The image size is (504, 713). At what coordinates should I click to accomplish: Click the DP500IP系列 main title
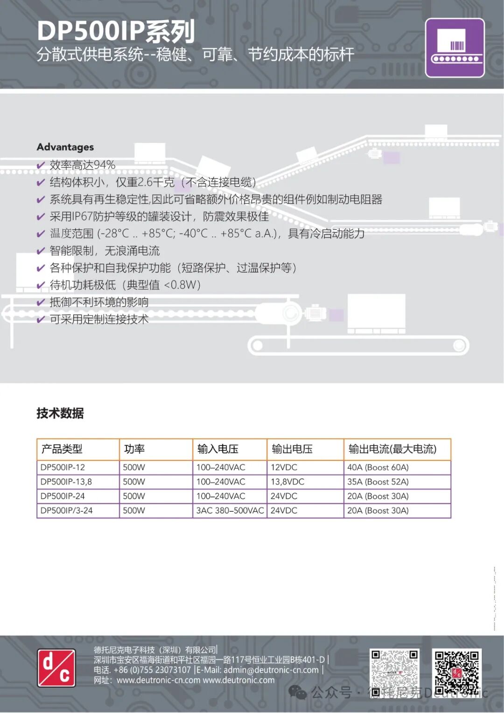point(116,31)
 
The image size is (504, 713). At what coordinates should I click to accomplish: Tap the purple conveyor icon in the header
point(455,48)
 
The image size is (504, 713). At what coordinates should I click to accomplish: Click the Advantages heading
point(65,147)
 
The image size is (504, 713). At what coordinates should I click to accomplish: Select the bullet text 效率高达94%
point(82,165)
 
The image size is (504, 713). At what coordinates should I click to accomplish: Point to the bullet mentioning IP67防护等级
point(159,217)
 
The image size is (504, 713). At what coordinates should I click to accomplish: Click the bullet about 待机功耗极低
point(125,285)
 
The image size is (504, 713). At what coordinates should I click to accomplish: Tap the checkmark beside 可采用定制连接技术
point(41,320)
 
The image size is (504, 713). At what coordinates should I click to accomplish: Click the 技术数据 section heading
point(60,413)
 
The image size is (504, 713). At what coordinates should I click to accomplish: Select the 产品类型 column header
point(62,449)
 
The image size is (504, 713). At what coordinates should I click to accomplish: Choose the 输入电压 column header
point(218,449)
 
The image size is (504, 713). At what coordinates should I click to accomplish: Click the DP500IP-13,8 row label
point(66,482)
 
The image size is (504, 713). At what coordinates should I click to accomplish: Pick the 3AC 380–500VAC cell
point(230,511)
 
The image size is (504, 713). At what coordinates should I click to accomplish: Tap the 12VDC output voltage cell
point(284,467)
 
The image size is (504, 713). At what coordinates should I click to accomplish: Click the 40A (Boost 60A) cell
point(378,467)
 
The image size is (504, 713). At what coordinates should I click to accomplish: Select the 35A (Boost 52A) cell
point(378,482)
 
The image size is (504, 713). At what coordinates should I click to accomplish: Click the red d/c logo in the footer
point(56,668)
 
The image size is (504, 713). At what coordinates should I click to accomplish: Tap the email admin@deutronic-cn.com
point(271,670)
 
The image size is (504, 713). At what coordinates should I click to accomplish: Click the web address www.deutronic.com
point(238,680)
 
